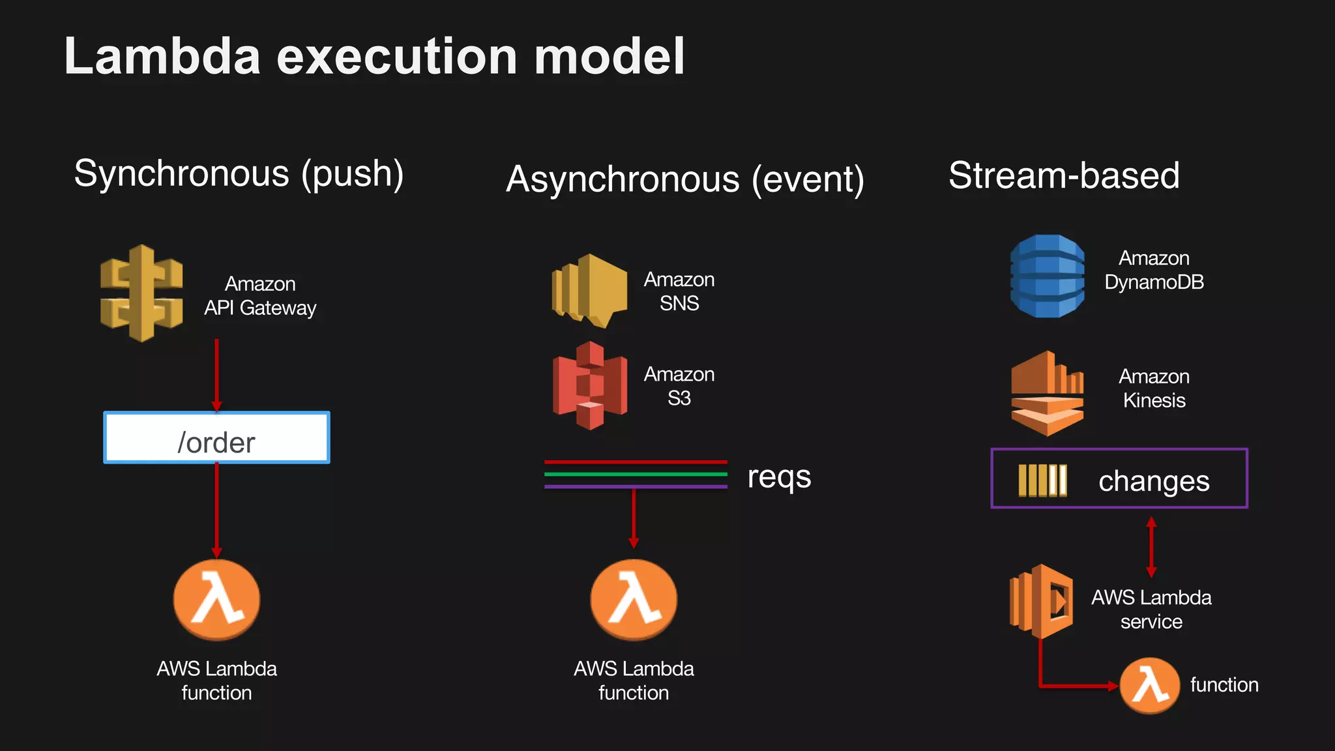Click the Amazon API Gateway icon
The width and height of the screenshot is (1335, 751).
click(x=141, y=293)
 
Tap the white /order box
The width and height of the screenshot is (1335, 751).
click(x=216, y=438)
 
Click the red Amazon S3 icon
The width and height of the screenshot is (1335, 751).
click(x=590, y=385)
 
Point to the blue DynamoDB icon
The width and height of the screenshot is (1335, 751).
click(x=1048, y=276)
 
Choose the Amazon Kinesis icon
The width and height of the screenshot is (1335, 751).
click(x=1047, y=393)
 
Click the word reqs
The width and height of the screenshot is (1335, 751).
click(x=779, y=477)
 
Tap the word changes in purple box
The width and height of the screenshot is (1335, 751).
click(x=1154, y=481)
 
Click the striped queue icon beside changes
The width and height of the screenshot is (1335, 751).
click(x=1042, y=480)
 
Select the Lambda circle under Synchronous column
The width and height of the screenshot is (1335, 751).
click(x=216, y=600)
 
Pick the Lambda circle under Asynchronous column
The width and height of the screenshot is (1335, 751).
click(x=634, y=600)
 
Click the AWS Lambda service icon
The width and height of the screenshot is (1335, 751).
click(x=1041, y=601)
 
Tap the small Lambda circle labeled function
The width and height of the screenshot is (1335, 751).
click(x=1149, y=685)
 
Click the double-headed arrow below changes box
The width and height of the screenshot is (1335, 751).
click(x=1151, y=547)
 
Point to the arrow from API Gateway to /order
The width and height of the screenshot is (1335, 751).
click(x=216, y=375)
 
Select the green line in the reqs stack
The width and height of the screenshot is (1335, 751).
click(x=636, y=474)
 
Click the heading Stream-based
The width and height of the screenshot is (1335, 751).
click(x=1064, y=175)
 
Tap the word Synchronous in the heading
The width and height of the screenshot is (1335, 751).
click(x=181, y=173)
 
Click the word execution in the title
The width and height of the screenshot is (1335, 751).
click(x=397, y=57)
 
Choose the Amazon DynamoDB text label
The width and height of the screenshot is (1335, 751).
click(x=1154, y=271)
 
